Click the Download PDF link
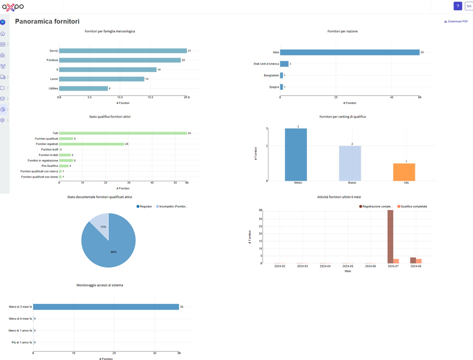pos(456,21)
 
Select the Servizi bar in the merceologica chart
pos(123,50)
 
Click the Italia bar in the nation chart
pos(350,52)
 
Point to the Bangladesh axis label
pos(271,75)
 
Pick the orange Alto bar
pos(404,172)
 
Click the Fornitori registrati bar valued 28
pos(91,144)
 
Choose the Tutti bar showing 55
pos(123,133)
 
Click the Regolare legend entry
pos(145,206)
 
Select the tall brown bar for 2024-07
pos(390,237)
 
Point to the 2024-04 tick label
pos(325,266)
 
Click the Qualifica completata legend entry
pos(411,206)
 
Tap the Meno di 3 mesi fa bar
pos(106,307)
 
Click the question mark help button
pos(457,6)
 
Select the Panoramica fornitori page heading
pos(47,22)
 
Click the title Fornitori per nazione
pos(343,32)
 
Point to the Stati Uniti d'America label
pos(266,64)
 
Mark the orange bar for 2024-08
pos(419,261)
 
